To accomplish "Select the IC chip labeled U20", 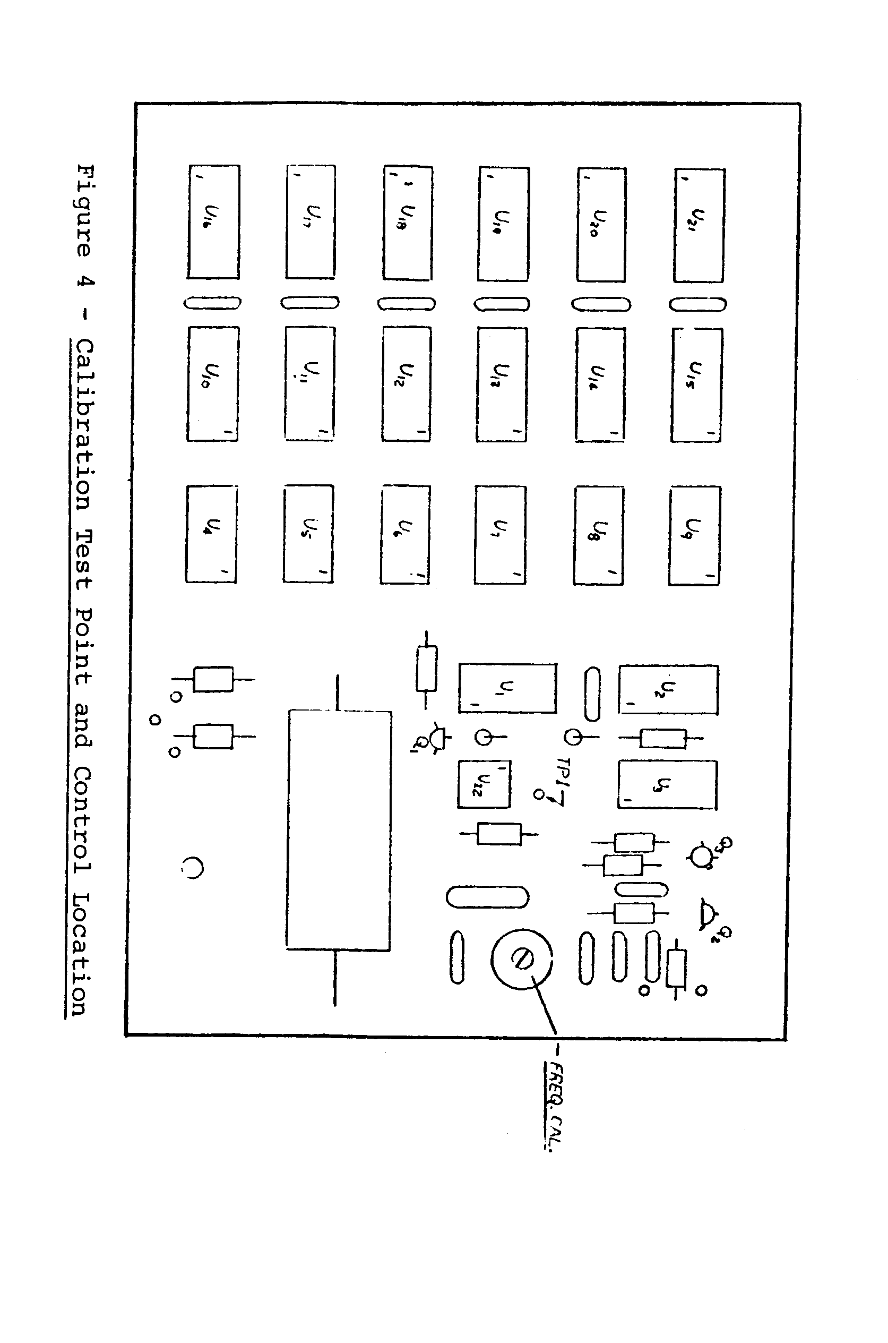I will pyautogui.click(x=601, y=224).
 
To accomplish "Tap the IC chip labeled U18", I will pyautogui.click(x=407, y=223).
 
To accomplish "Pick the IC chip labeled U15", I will pyautogui.click(x=696, y=385).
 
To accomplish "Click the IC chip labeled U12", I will pyautogui.click(x=406, y=383).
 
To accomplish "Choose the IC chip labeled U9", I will pyautogui.click(x=694, y=535).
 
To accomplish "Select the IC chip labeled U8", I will pyautogui.click(x=599, y=535).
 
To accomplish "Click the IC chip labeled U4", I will pyautogui.click(x=211, y=534).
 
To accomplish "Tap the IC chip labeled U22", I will pyautogui.click(x=484, y=784).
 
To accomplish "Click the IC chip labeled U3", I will pyautogui.click(x=667, y=785).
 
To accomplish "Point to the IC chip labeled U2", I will pyautogui.click(x=668, y=689).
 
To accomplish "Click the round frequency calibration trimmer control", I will pyautogui.click(x=521, y=959).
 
